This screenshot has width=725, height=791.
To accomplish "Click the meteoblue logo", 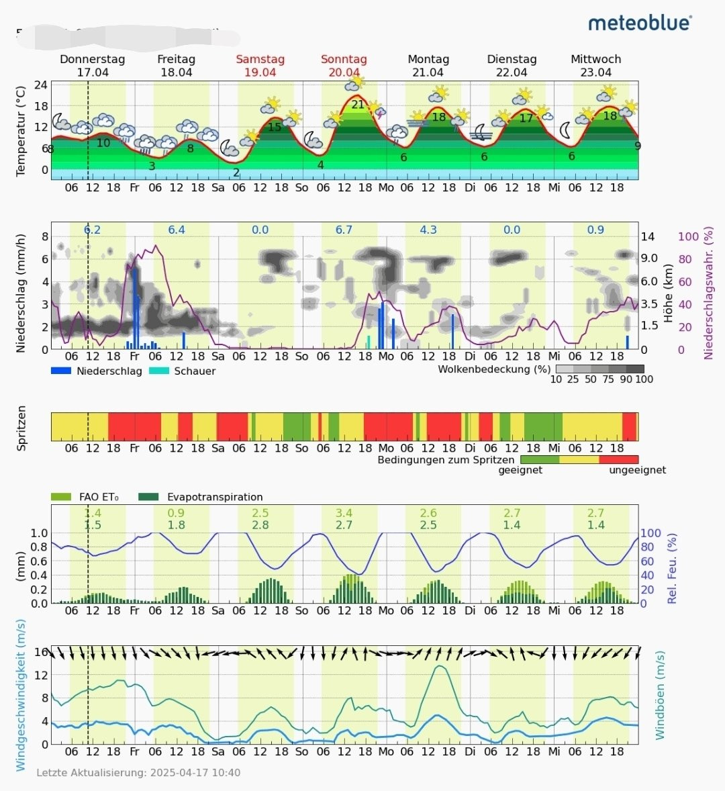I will (x=640, y=23).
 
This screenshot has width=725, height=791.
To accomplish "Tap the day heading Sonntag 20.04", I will (x=344, y=66).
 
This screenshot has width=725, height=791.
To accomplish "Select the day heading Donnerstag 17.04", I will (x=93, y=66).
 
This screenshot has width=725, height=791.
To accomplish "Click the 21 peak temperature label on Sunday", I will (x=358, y=104).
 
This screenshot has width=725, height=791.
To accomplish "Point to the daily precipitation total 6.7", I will (x=344, y=230).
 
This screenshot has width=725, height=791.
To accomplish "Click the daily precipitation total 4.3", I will (x=428, y=230).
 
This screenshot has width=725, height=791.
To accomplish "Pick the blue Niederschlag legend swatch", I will (x=61, y=371).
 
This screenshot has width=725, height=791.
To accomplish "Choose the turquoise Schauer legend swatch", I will (x=159, y=371).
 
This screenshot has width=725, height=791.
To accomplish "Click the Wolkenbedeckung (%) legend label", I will (x=494, y=369).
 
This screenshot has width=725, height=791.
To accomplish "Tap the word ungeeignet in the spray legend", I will (x=637, y=470).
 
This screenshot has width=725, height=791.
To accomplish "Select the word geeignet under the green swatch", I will (x=520, y=470).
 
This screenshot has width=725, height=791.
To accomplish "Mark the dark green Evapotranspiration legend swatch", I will (x=148, y=497).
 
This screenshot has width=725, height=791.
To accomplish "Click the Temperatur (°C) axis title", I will (x=21, y=131).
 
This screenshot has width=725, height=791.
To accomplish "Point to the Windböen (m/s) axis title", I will (x=660, y=695).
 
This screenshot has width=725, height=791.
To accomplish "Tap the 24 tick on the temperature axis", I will (x=41, y=85).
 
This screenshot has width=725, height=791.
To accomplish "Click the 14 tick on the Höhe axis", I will (x=648, y=236).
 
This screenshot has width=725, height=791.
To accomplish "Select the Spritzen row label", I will (x=21, y=428).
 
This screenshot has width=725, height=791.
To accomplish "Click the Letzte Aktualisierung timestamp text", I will (x=138, y=773).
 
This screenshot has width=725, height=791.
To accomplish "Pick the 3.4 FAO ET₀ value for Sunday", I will (x=344, y=513).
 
